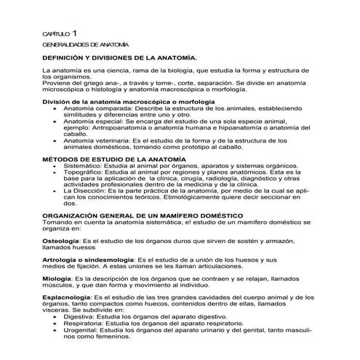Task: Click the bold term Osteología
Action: point(62,239)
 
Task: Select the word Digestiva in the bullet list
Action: point(80,317)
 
